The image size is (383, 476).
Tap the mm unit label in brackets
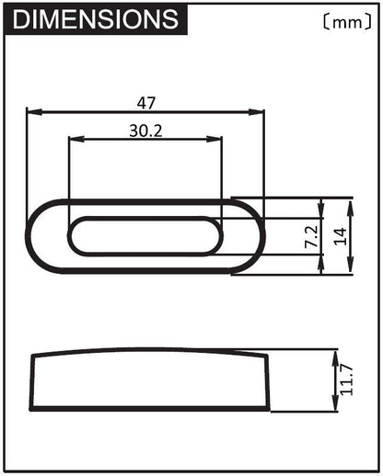point(345,20)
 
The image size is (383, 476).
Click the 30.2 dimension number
point(145,130)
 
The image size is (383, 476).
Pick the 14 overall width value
point(342,236)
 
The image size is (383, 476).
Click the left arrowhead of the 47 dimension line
point(31,112)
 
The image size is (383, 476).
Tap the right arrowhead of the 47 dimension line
point(260,112)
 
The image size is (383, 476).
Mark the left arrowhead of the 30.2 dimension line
point(74,140)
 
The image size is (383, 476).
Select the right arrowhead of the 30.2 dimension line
point(217,140)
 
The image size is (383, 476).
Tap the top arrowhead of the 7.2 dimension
point(321,221)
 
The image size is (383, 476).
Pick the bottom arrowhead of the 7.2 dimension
point(321,251)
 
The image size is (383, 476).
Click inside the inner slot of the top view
point(145,236)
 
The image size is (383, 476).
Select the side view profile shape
point(147,381)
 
